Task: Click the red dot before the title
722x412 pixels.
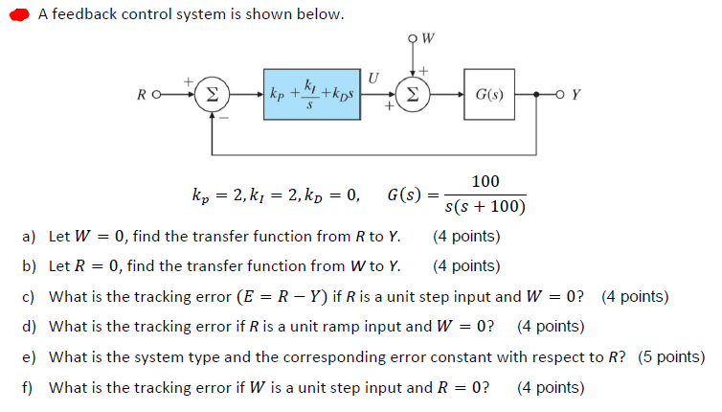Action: pyautogui.click(x=18, y=15)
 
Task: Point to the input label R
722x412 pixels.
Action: pyautogui.click(x=142, y=95)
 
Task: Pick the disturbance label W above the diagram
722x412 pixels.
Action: pyautogui.click(x=427, y=39)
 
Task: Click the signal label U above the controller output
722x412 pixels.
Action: pyautogui.click(x=375, y=78)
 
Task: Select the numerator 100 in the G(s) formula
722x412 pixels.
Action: pyautogui.click(x=485, y=182)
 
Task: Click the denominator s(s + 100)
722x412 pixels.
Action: pyautogui.click(x=485, y=208)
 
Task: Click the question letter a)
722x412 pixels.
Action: pyautogui.click(x=29, y=236)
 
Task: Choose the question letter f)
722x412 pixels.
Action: pyautogui.click(x=28, y=388)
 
